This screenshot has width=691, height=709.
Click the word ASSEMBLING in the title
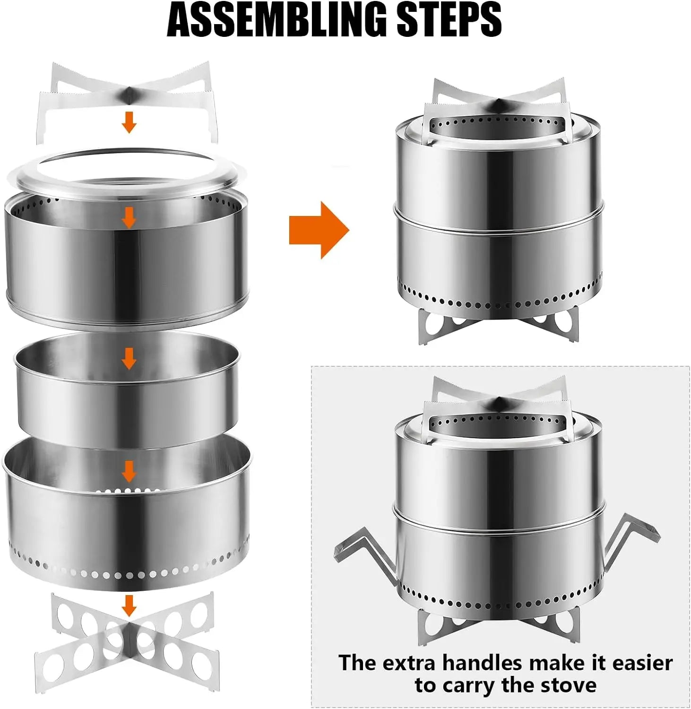(277, 19)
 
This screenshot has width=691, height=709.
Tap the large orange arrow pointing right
(319, 230)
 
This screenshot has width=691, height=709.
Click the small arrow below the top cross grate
(129, 122)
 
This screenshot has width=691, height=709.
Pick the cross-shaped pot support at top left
(129, 97)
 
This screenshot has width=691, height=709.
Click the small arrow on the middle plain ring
(129, 359)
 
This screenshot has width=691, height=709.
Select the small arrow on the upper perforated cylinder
(129, 218)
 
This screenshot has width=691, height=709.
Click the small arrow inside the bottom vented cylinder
(129, 472)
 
